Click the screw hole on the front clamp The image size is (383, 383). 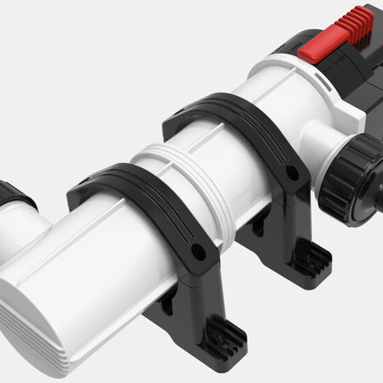(198, 252)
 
